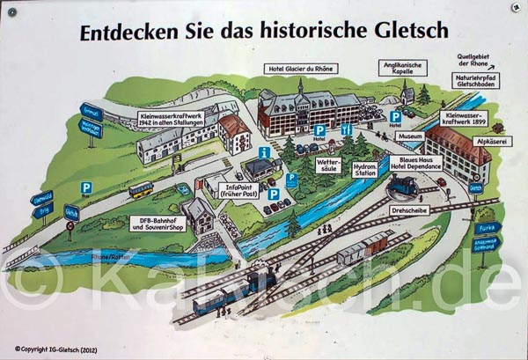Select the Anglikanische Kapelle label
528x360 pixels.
tap(401, 68)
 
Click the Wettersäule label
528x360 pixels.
tap(326, 165)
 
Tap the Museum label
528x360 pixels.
tap(410, 138)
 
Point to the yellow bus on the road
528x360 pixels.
tap(141, 188)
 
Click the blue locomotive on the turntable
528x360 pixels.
tap(405, 186)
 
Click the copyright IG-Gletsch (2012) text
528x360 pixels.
tap(55, 349)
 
